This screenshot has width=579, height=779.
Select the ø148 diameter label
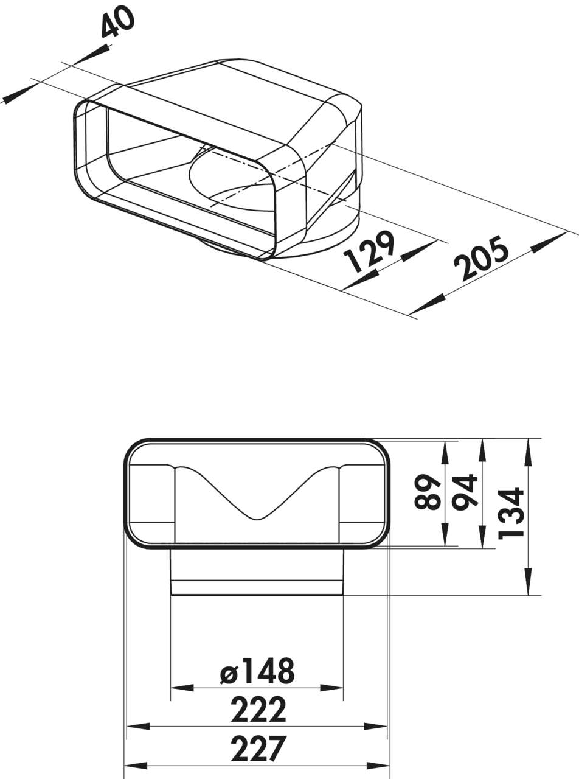pyautogui.click(x=257, y=671)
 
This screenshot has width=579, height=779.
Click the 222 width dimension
pyautogui.click(x=258, y=710)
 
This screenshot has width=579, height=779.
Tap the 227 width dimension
pyautogui.click(x=258, y=749)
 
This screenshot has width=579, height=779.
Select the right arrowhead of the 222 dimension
pyautogui.click(x=376, y=726)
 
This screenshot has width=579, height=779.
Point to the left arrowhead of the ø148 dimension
pyautogui.click(x=182, y=688)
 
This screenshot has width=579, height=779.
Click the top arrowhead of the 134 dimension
pyautogui.click(x=528, y=450)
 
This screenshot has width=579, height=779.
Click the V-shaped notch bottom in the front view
pyautogui.click(x=257, y=519)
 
